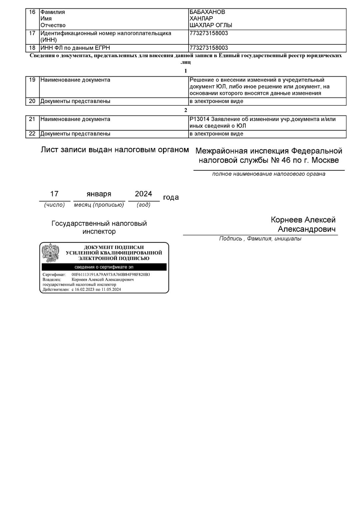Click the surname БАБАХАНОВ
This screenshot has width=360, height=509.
click(x=207, y=12)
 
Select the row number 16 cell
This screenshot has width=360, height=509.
click(x=32, y=12)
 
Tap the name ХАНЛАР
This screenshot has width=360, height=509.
click(x=201, y=19)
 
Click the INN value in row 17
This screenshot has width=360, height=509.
click(x=209, y=33)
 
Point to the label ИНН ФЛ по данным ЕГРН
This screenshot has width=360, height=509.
click(x=75, y=48)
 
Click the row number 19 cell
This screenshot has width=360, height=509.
click(x=32, y=80)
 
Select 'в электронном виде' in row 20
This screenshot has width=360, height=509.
click(x=216, y=101)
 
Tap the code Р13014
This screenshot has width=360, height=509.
click(x=198, y=119)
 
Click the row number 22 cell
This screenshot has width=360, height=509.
click(x=32, y=134)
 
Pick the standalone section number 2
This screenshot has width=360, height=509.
click(x=186, y=110)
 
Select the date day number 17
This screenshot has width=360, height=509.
click(x=54, y=194)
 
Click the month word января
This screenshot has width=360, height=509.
click(x=99, y=194)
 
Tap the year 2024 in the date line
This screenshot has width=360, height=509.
click(x=143, y=194)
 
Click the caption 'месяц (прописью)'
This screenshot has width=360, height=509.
click(x=99, y=205)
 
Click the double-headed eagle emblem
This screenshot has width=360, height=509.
click(x=50, y=253)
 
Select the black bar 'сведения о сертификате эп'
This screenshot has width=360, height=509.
click(x=104, y=267)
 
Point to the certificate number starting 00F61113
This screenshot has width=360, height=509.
click(x=111, y=275)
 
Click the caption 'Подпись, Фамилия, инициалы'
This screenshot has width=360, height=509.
click(x=260, y=239)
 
